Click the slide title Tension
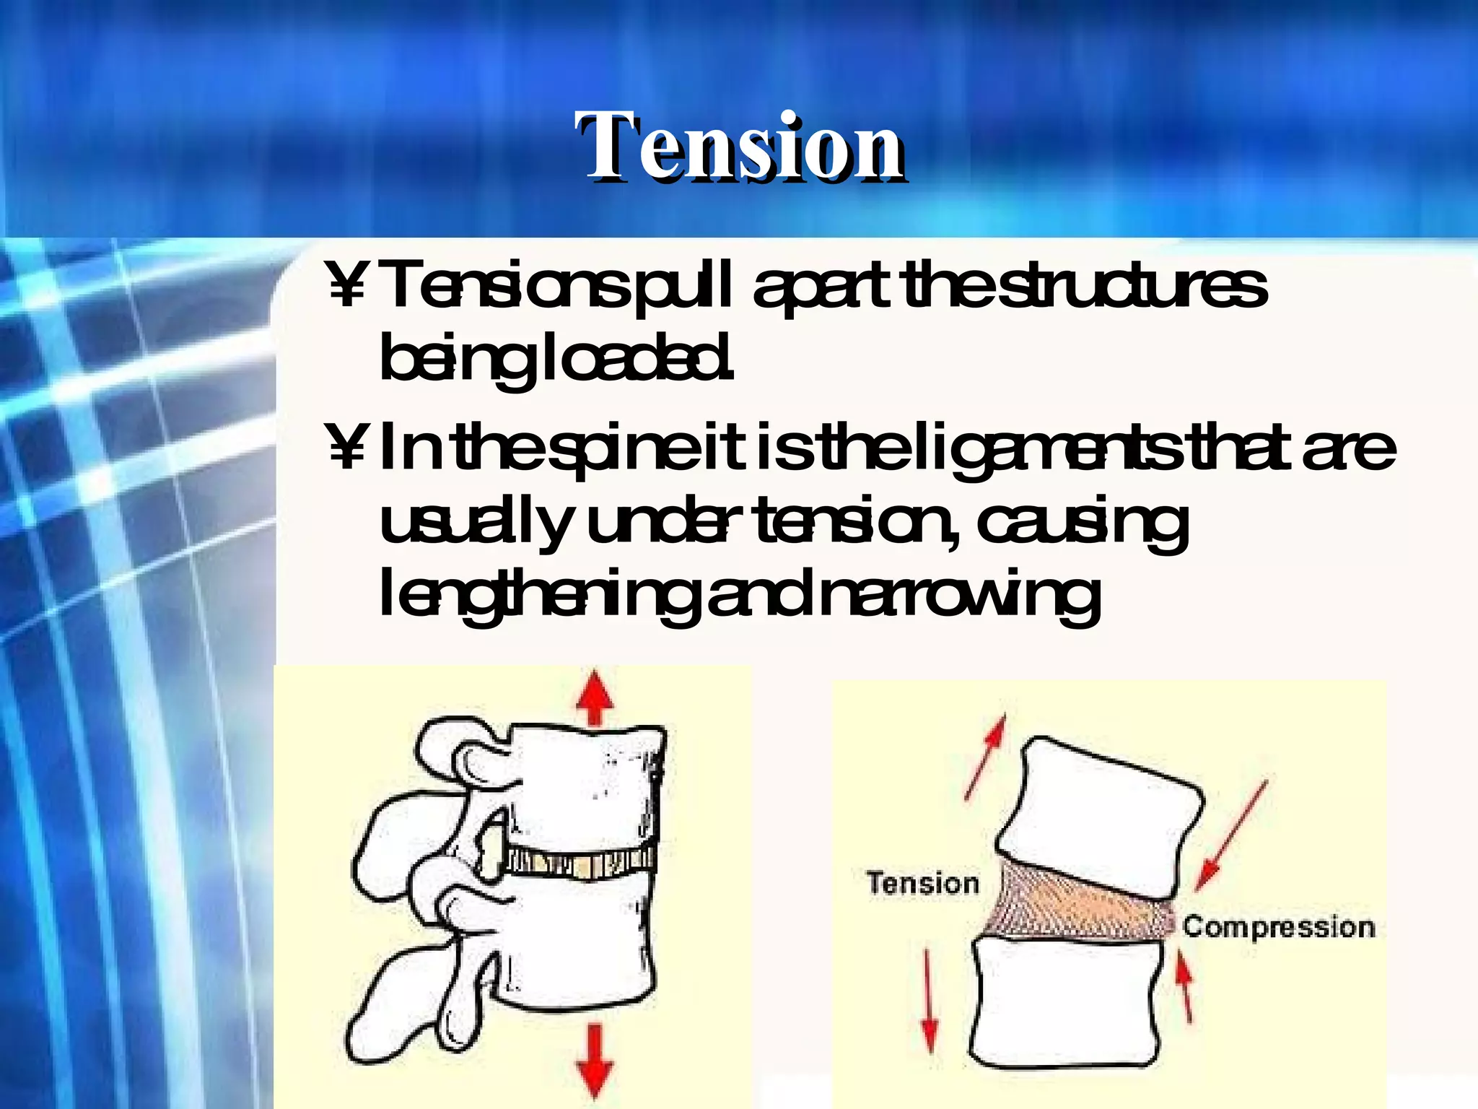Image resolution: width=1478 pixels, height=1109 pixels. pos(740,148)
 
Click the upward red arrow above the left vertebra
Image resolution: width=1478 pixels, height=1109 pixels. pos(594,697)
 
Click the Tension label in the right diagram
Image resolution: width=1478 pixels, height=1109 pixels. pos(923,884)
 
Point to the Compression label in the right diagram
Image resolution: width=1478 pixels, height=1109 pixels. pos(1278,927)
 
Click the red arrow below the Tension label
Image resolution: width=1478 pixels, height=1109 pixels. pos(930,1000)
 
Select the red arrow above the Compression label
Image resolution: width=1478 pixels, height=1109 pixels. pos(1230,834)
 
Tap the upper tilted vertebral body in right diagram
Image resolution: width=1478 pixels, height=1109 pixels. pos(1101,816)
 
